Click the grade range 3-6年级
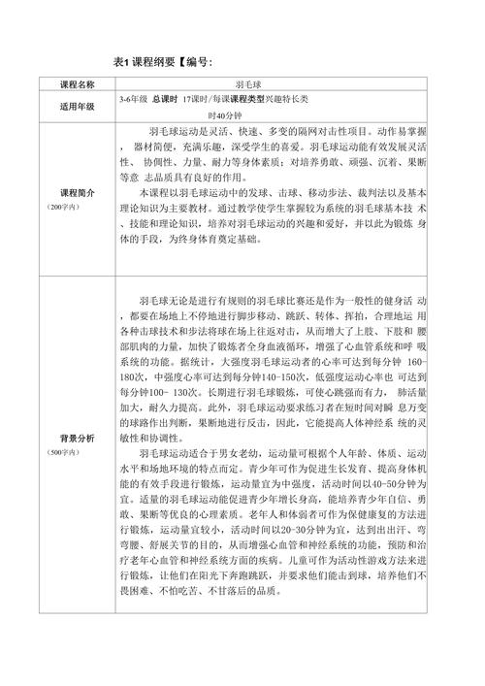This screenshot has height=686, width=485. [x=133, y=100]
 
